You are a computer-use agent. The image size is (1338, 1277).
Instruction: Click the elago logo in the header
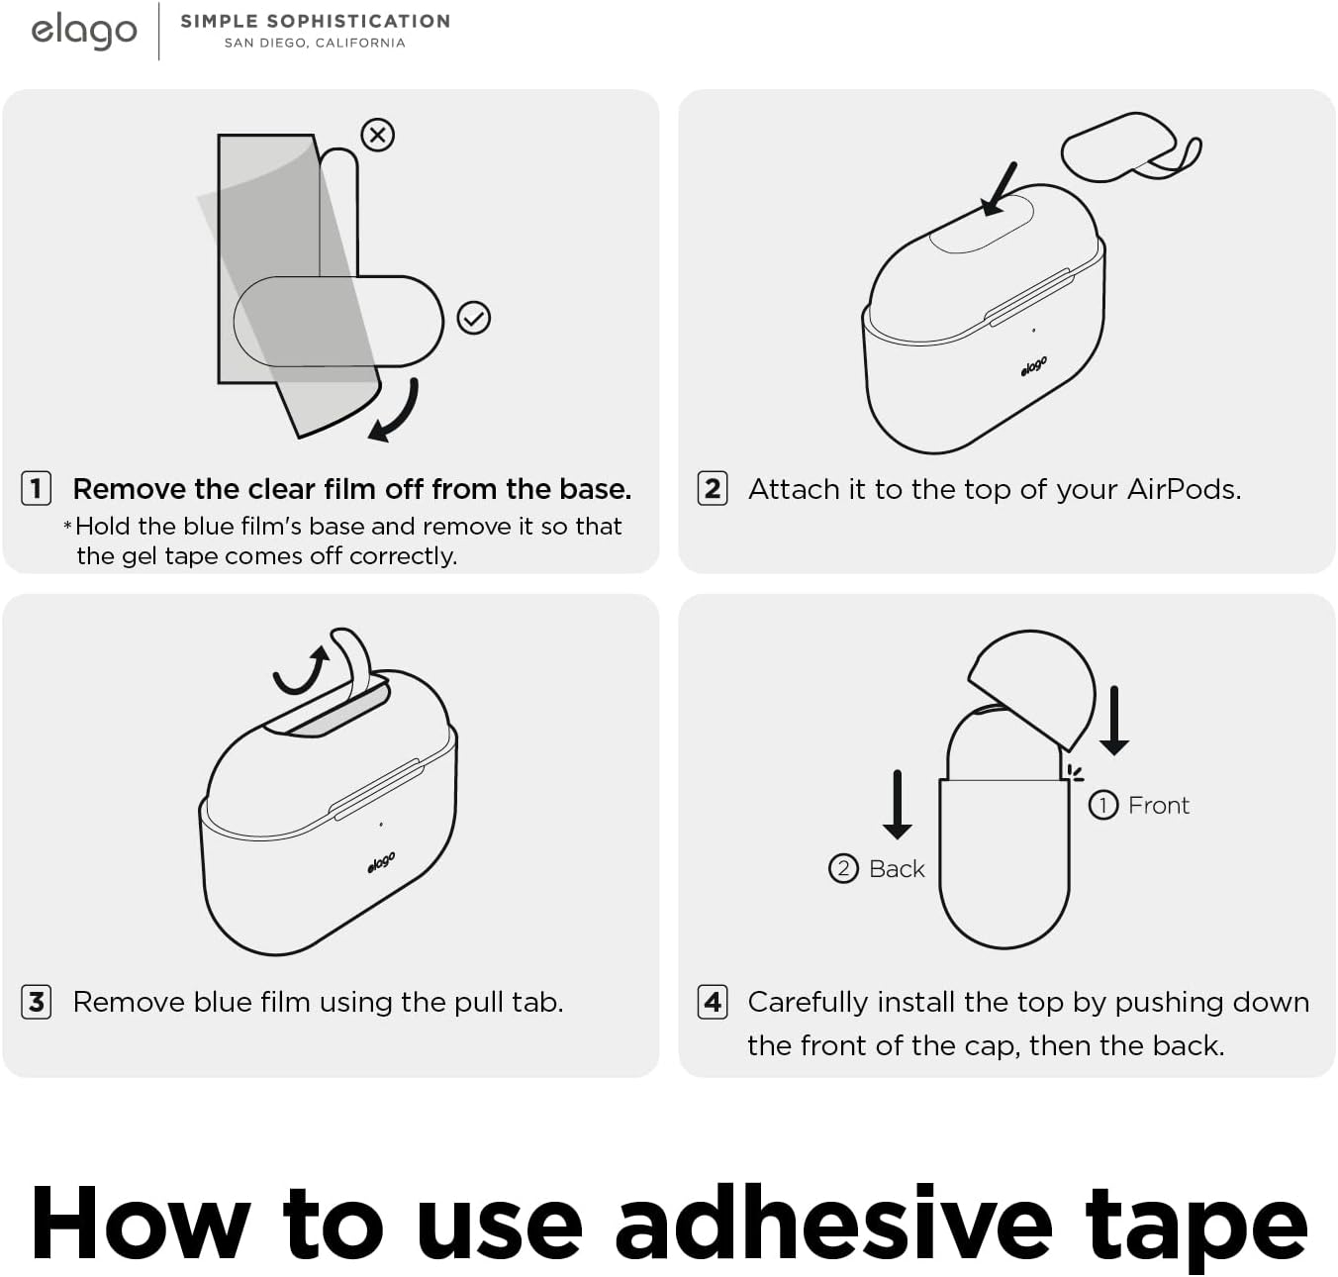[x=84, y=32]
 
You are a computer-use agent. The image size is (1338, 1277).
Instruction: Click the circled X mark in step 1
[x=378, y=135]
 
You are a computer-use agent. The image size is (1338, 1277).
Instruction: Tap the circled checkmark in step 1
[x=474, y=318]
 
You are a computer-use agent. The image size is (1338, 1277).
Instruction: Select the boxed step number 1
[x=36, y=488]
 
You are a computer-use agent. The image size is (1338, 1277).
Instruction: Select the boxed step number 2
[x=713, y=488]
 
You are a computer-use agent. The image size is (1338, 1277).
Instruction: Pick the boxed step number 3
[x=36, y=1002]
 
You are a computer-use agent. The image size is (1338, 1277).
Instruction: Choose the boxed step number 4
[x=713, y=1002]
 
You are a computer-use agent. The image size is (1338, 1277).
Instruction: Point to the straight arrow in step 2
[x=1000, y=189]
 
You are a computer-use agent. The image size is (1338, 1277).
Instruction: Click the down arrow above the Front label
[x=1114, y=721]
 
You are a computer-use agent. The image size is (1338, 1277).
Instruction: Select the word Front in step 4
[x=1158, y=805]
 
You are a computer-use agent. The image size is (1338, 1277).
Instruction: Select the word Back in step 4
[x=897, y=868]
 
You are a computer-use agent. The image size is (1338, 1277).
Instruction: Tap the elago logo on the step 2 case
[x=1034, y=366]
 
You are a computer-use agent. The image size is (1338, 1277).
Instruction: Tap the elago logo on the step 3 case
[x=381, y=862]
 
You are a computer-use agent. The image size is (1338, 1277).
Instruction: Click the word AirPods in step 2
[x=1185, y=489]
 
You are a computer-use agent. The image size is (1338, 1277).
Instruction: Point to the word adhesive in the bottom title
[x=833, y=1224]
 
